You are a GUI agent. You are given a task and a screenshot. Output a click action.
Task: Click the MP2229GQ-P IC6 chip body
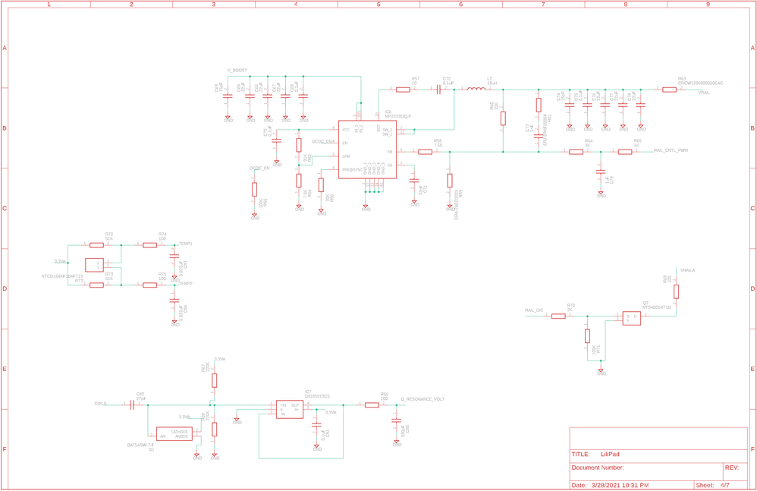tap(367, 150)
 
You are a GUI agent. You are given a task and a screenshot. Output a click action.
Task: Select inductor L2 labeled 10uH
tap(476, 89)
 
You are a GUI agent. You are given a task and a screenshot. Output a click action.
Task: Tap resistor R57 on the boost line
tap(403, 90)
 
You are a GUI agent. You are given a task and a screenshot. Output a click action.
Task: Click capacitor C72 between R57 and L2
tap(438, 90)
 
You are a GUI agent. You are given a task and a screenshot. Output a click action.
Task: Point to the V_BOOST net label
tap(237, 70)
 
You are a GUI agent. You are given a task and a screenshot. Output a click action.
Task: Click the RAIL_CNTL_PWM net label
tap(671, 150)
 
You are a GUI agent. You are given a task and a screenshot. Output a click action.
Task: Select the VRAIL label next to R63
tap(704, 93)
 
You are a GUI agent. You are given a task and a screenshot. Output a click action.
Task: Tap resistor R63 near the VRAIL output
tap(669, 90)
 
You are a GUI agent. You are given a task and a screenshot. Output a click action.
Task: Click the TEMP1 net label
tap(185, 244)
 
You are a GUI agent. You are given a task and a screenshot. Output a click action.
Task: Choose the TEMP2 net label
tap(185, 283)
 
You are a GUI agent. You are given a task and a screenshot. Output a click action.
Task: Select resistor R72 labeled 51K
tap(96, 245)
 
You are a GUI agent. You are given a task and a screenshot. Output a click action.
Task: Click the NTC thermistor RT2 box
tap(93, 265)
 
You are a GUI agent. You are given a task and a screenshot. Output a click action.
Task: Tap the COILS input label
tap(100, 404)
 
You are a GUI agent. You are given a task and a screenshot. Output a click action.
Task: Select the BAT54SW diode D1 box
tap(174, 434)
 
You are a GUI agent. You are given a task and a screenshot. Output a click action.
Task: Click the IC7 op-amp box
tap(289, 409)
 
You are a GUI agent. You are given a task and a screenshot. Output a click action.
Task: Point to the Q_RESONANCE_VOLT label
tap(422, 399)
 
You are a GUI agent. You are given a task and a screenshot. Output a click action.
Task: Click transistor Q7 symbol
tap(630, 318)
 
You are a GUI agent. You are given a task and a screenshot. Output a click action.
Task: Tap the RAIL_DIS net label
tap(533, 310)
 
